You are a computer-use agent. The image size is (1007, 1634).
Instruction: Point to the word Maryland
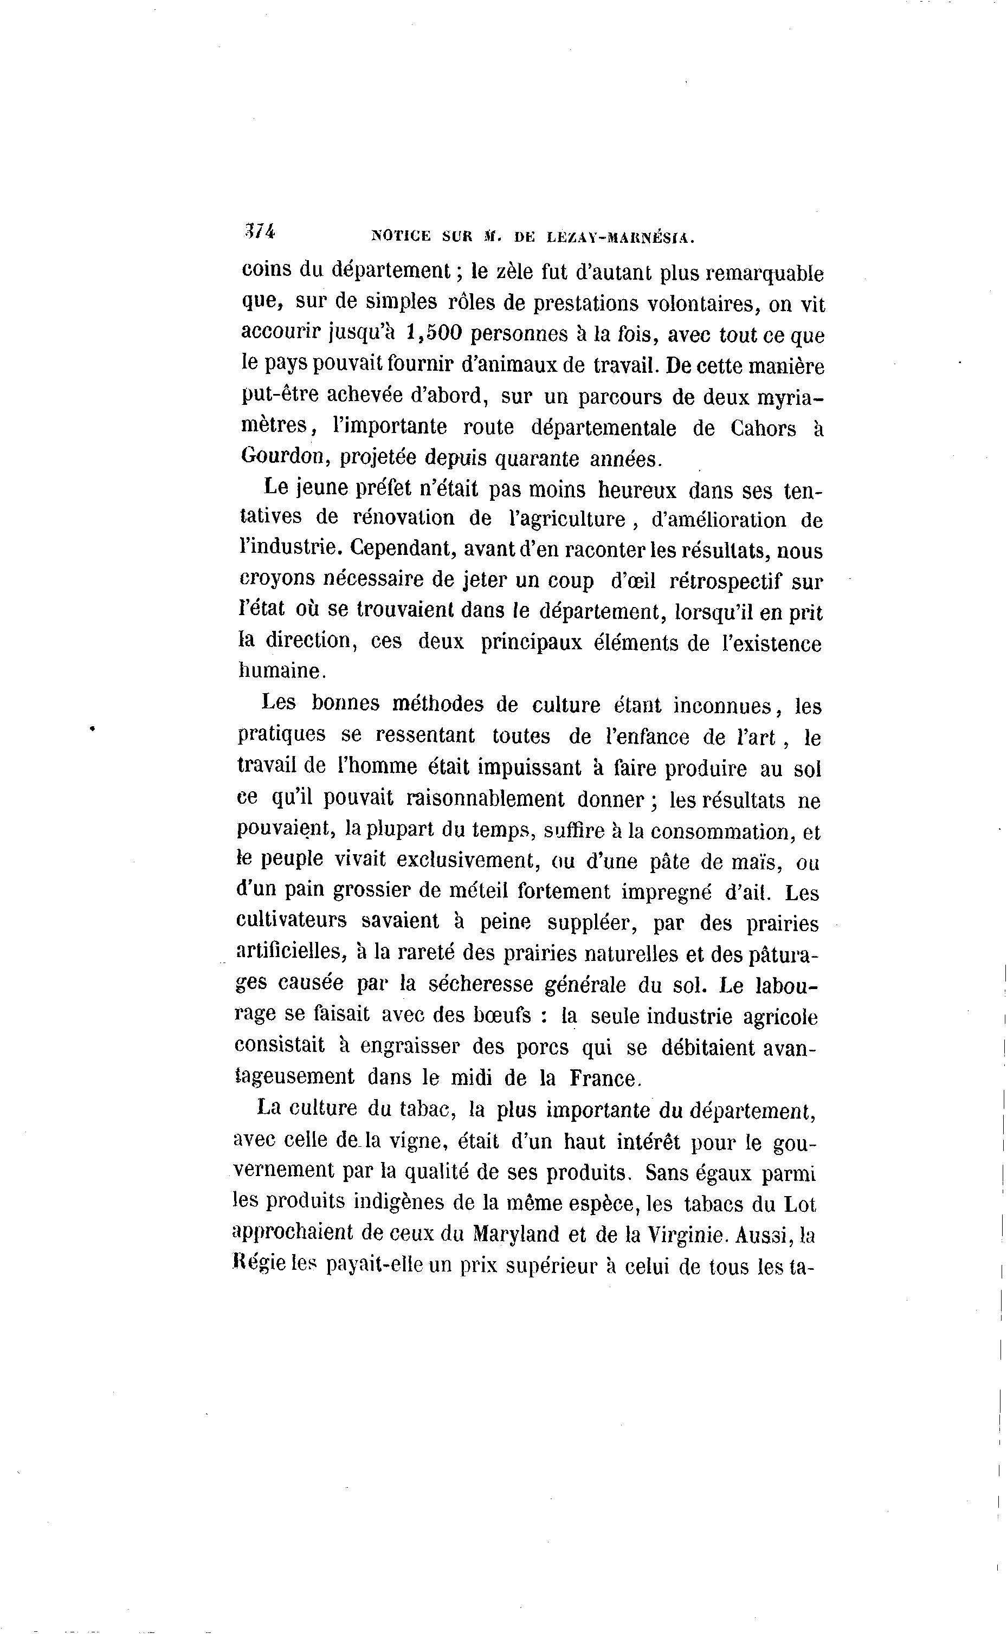pyautogui.click(x=515, y=1234)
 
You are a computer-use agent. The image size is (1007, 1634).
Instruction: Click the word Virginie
pyautogui.click(x=681, y=1234)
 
